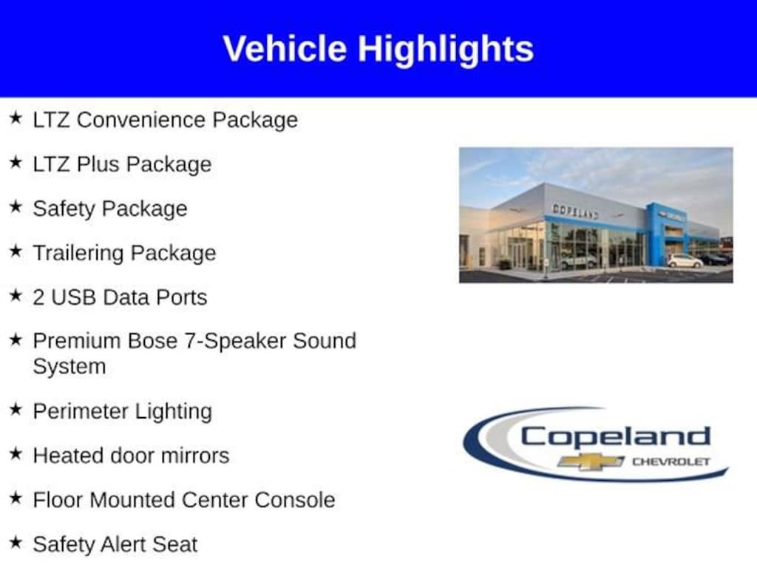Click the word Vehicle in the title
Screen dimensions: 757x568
tap(285, 48)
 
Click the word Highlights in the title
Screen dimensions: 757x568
tap(446, 50)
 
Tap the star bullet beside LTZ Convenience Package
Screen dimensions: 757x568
tap(16, 118)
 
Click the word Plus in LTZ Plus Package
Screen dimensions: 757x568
tap(98, 164)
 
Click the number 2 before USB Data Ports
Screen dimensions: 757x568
tap(38, 297)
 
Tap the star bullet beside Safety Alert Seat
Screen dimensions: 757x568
tap(16, 542)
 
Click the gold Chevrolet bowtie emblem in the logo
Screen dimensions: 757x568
tap(591, 461)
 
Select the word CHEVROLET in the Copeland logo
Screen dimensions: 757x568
tap(671, 461)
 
